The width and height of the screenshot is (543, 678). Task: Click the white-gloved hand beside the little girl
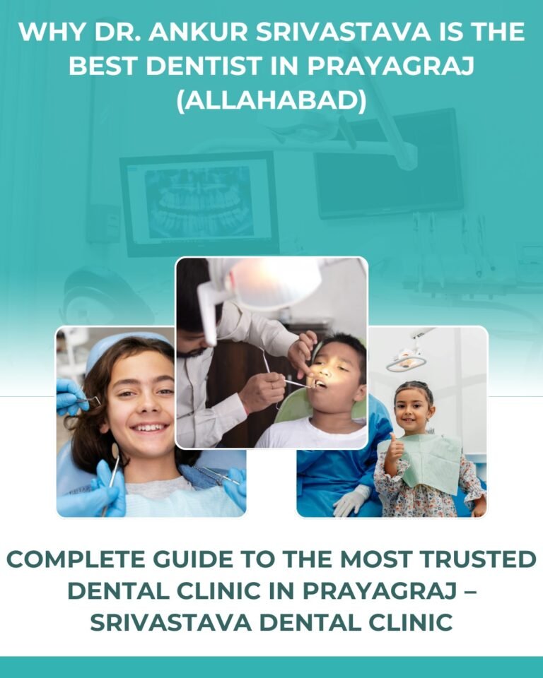click(349, 500)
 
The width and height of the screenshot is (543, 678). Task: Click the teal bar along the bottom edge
click(271, 667)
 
